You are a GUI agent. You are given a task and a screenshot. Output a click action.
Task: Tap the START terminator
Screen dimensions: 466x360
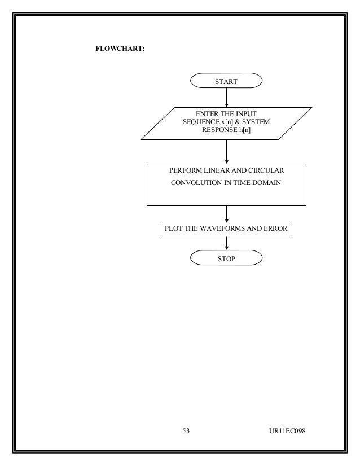pos(226,81)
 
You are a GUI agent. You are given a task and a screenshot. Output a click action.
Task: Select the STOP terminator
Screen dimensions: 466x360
pos(226,258)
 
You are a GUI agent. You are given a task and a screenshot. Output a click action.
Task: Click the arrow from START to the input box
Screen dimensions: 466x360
pos(226,98)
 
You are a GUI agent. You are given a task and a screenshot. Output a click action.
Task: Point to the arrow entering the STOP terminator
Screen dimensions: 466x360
pos(226,244)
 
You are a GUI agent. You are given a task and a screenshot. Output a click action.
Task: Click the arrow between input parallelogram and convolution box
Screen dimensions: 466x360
pos(226,151)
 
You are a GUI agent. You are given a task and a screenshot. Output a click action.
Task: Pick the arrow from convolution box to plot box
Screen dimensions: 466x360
pos(226,213)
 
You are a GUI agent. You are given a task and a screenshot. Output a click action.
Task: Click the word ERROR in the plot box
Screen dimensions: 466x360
pos(276,228)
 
